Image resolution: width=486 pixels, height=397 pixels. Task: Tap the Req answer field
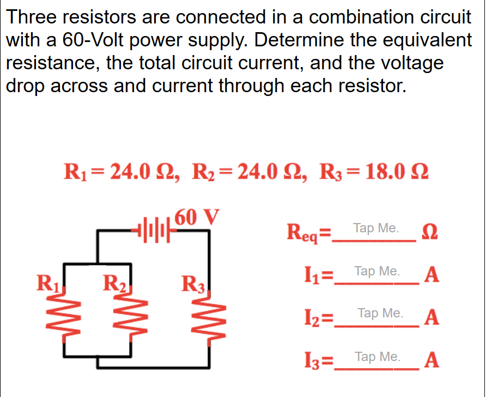(376, 228)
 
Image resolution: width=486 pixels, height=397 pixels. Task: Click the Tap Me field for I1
(377, 271)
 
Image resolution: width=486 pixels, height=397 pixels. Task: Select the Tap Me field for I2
(380, 314)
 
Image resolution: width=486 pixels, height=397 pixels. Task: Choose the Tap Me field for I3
(377, 357)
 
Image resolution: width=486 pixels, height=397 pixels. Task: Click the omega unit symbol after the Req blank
(428, 234)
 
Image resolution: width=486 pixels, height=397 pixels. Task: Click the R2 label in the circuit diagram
(115, 284)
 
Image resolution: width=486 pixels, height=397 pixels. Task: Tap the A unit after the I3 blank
(432, 360)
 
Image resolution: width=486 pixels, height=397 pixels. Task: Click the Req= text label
(308, 234)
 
